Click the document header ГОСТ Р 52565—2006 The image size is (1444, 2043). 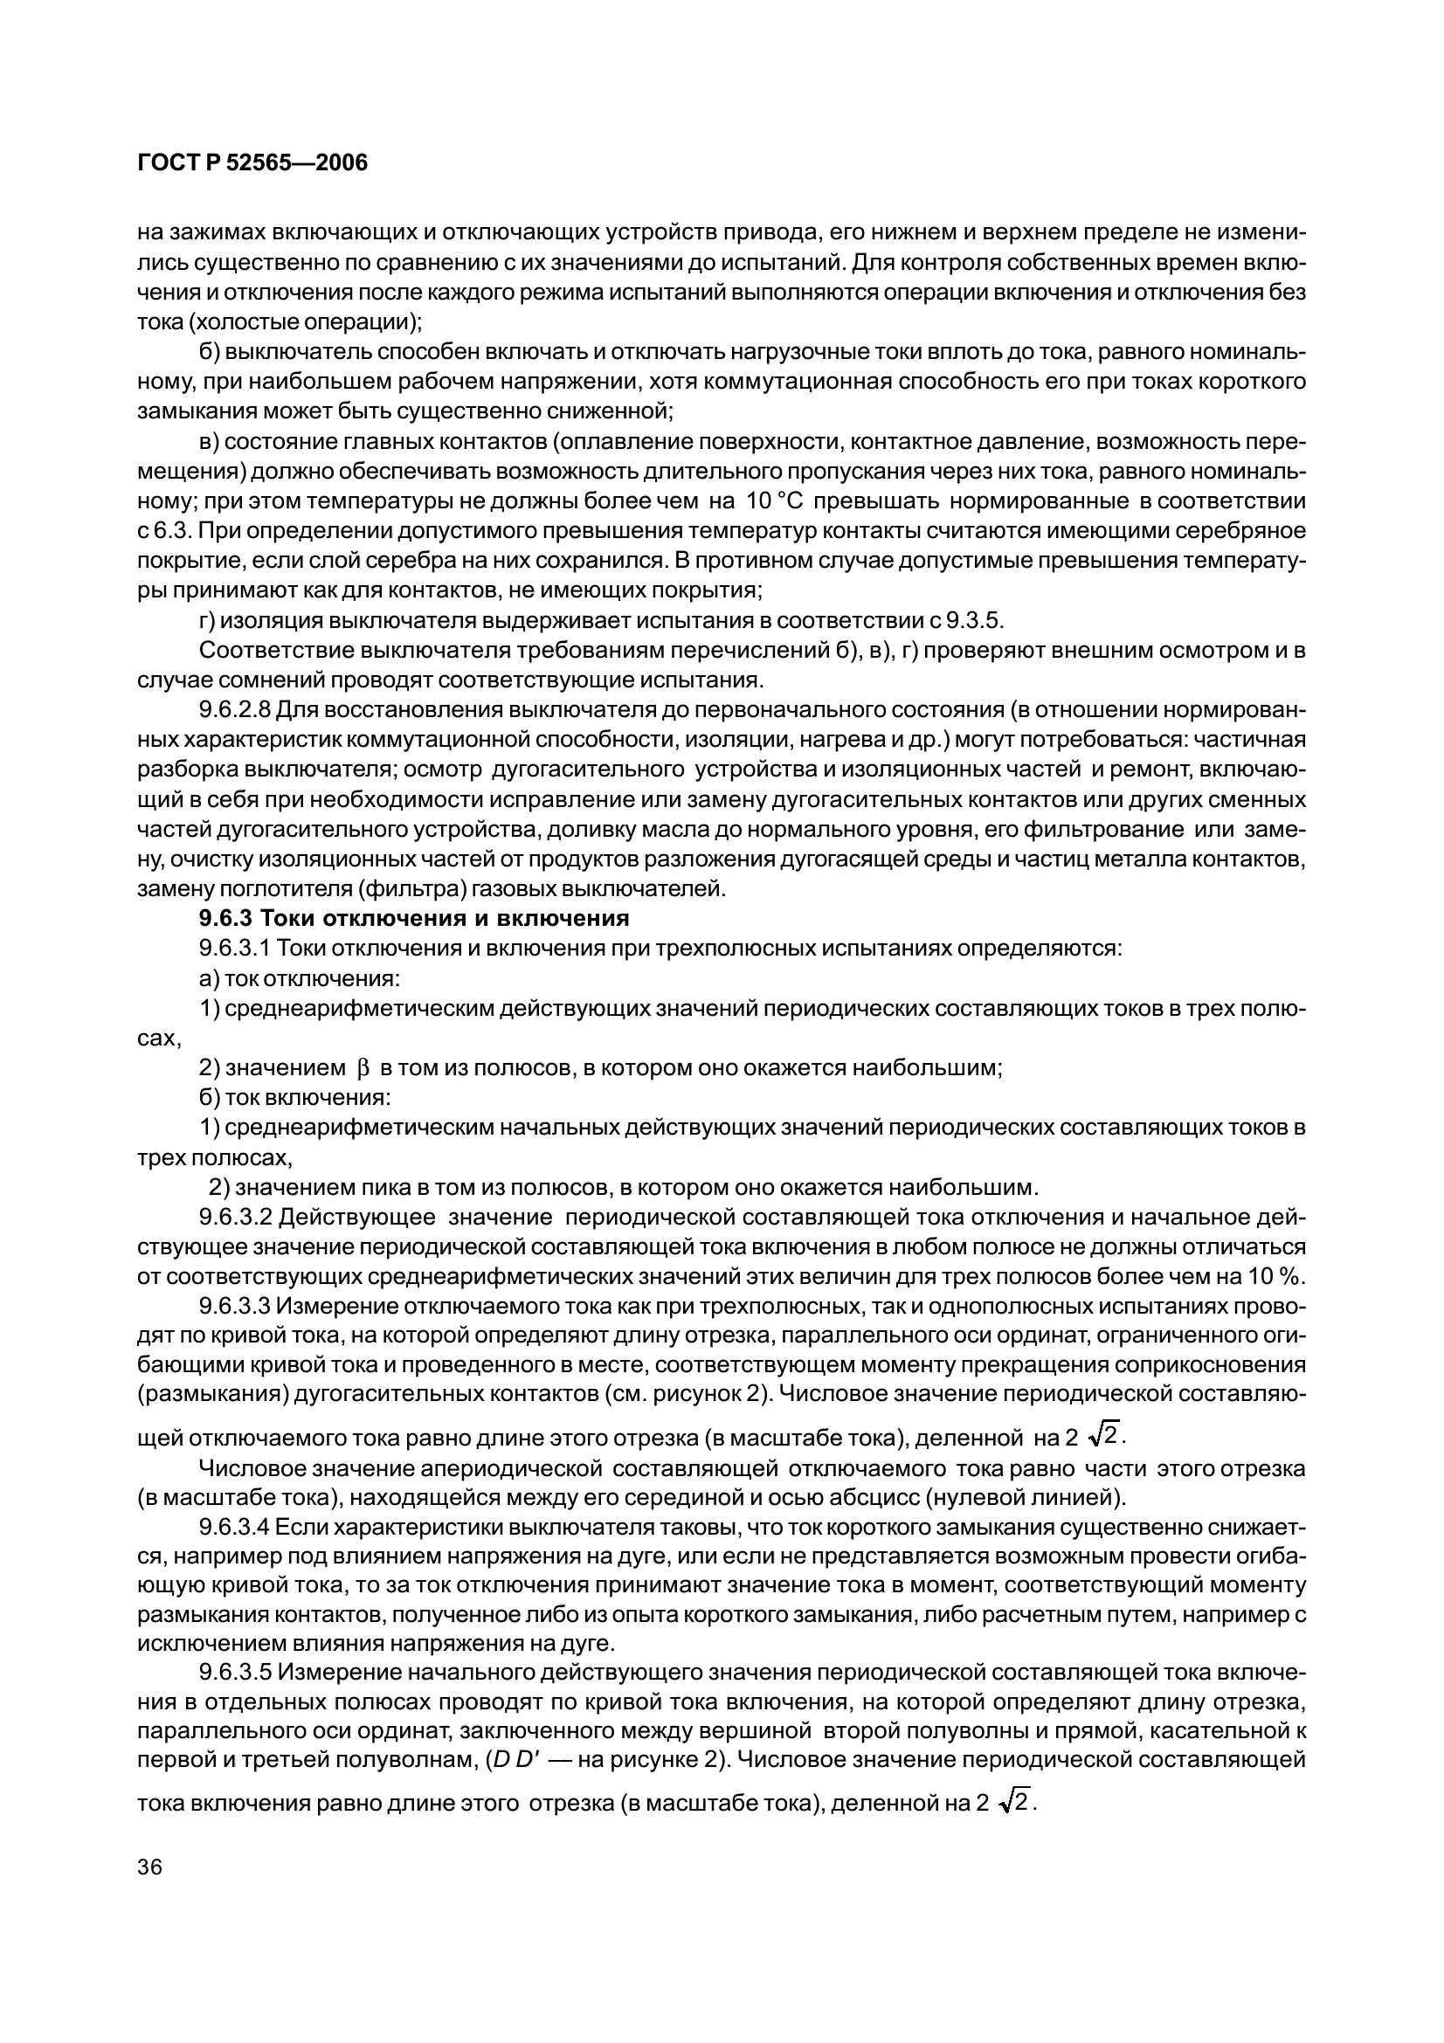click(252, 162)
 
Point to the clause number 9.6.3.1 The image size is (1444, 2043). click(235, 948)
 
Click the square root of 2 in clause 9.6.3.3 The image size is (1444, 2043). click(1106, 1433)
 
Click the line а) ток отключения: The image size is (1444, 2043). click(300, 978)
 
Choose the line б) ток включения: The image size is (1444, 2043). click(294, 1097)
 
